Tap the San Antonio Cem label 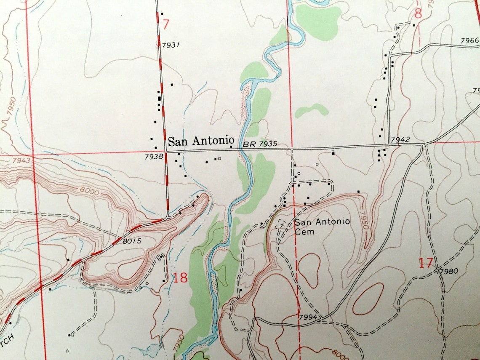322,226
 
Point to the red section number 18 180,277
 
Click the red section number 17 426,264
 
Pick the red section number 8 418,14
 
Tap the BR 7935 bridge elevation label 260,144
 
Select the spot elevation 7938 153,156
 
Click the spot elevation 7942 400,139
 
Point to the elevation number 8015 132,241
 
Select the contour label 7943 22,160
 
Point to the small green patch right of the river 311,110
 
